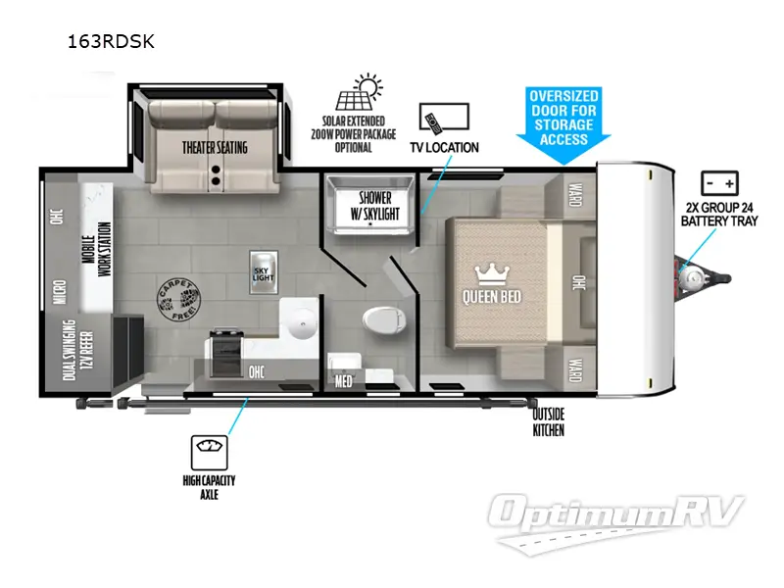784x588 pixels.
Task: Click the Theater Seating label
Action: [214, 148]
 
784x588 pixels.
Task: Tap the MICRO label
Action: [61, 291]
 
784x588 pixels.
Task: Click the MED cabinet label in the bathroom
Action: [343, 380]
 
